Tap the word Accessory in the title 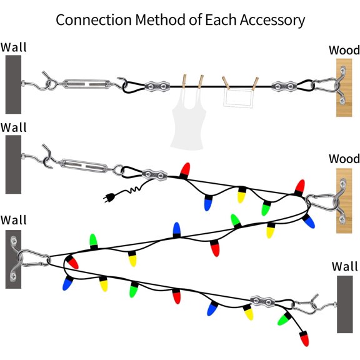coord(272,19)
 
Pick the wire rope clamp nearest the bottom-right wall coord(263,302)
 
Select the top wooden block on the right coord(348,87)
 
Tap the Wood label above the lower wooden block coord(344,159)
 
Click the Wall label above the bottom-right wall coord(344,267)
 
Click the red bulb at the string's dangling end coord(304,339)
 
